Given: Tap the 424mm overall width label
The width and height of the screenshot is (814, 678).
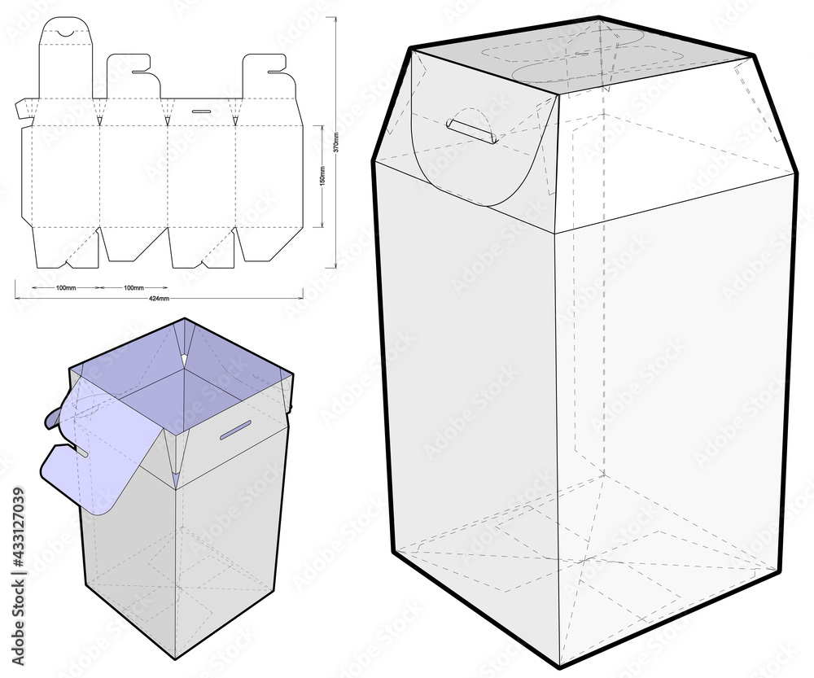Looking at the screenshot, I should tap(160, 300).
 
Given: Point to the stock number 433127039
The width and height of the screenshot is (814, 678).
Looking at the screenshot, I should tap(19, 543).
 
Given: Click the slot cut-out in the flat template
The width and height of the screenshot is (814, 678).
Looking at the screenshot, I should tap(200, 110).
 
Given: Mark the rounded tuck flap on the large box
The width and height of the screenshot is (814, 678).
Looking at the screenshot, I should tap(480, 163).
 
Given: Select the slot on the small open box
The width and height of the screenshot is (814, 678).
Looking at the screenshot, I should tap(234, 429).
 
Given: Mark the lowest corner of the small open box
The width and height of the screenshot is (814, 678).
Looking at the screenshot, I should tap(177, 658).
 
